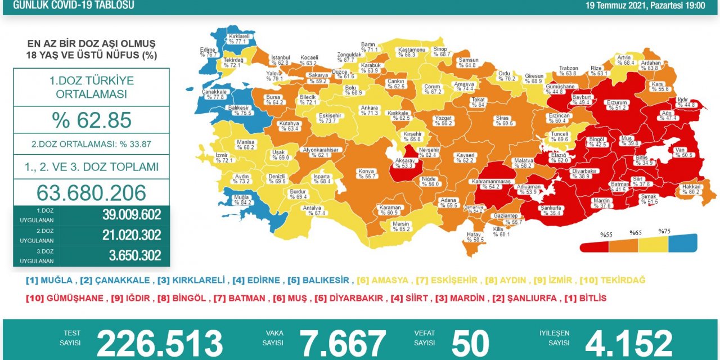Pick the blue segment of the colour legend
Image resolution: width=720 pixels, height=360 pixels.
click(682, 244)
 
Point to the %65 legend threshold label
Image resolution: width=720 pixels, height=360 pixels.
click(635, 232)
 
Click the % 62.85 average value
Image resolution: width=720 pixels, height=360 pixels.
click(91, 120)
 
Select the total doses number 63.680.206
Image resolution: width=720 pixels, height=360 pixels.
click(91, 193)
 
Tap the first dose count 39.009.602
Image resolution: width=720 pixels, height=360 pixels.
click(132, 215)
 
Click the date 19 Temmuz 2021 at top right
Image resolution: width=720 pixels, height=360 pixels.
click(645, 6)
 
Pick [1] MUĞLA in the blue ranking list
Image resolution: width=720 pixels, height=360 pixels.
click(49, 280)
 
